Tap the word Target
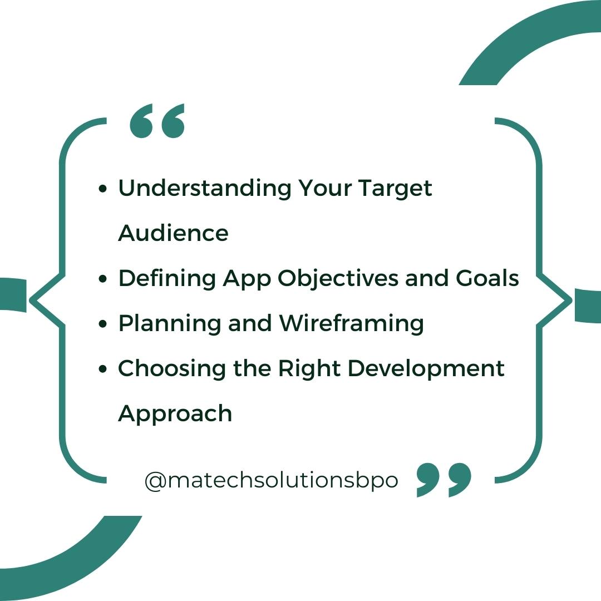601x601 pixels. [x=395, y=189]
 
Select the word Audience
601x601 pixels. [x=173, y=233]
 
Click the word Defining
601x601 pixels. [x=166, y=278]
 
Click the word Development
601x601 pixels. [x=431, y=368]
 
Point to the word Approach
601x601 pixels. [x=175, y=413]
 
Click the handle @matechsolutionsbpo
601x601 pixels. [x=272, y=480]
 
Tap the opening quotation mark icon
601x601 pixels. [x=156, y=121]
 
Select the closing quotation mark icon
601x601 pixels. [x=444, y=479]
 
